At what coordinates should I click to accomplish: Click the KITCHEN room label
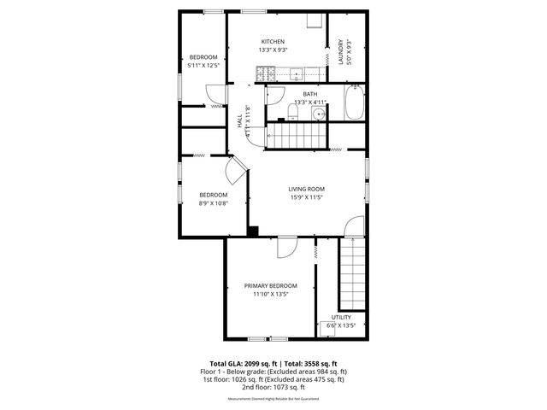273,42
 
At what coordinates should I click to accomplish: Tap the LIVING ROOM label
305,189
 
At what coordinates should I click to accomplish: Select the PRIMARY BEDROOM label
270,285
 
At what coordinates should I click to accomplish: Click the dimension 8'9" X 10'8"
213,203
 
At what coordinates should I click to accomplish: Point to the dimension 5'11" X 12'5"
203,65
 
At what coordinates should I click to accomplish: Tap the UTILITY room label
341,317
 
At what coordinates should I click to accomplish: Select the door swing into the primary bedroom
287,247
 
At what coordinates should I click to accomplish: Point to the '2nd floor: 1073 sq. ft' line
273,387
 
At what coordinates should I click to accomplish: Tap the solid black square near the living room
253,230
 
